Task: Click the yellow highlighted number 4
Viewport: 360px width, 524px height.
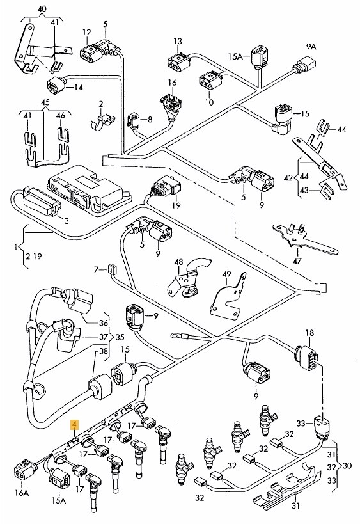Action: [x=75, y=424]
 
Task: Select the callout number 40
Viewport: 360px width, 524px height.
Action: [x=42, y=8]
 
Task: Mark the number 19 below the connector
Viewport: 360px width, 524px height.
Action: [x=176, y=205]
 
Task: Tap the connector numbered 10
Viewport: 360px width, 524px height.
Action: [x=209, y=82]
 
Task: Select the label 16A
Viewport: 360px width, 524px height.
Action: [x=21, y=493]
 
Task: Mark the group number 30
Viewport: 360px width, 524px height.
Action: [x=349, y=466]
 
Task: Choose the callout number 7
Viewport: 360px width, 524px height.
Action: [x=97, y=269]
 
